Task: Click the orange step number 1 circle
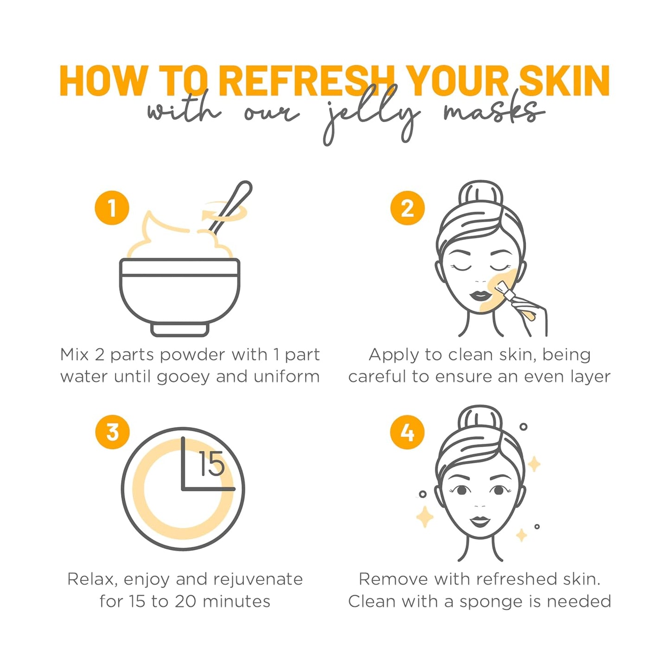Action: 112,208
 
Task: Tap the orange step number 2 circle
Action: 407,208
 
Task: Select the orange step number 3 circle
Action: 112,432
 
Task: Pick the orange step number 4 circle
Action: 407,432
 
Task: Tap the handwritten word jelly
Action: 371,116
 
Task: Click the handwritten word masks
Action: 494,112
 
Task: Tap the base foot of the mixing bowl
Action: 180,329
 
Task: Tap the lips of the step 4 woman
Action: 480,521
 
